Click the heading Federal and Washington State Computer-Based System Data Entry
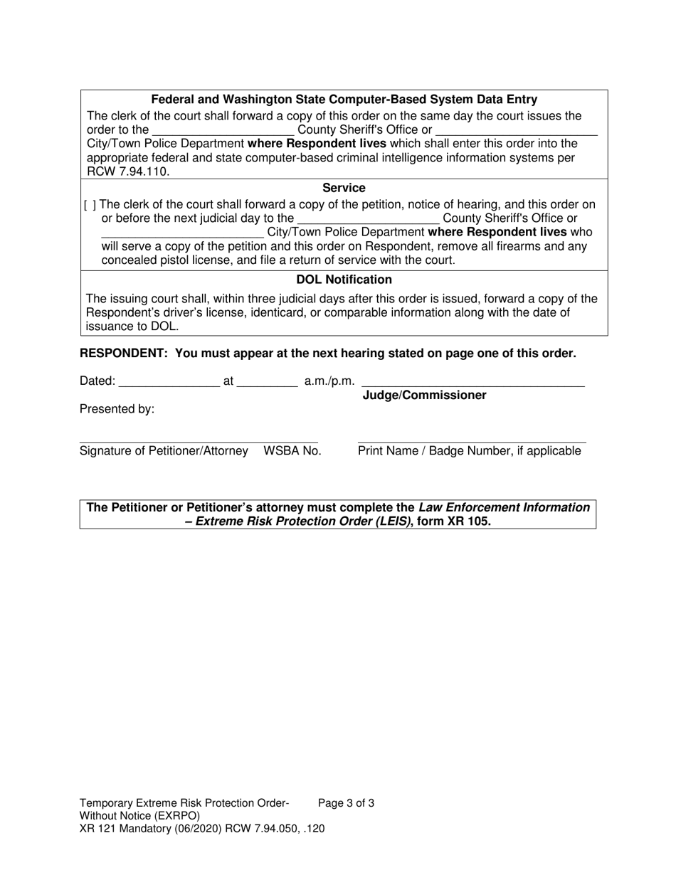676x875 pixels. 344,100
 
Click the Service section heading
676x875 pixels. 344,188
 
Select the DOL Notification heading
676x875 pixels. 344,280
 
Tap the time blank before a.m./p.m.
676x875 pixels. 267,381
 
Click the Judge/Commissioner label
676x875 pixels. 424,396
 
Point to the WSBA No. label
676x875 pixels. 292,450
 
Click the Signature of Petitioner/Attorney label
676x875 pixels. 164,450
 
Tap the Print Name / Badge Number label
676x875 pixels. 469,450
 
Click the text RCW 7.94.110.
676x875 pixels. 128,171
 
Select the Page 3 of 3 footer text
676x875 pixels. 346,803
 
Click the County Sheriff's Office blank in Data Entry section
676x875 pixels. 223,130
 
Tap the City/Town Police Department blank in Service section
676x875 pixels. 182,233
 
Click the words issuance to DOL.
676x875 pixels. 132,327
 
